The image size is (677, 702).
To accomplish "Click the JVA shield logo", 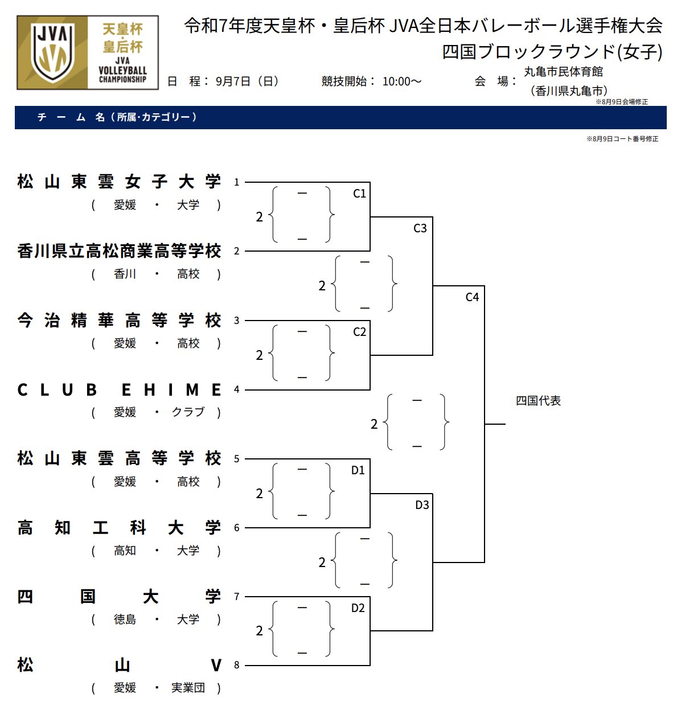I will click(52, 53).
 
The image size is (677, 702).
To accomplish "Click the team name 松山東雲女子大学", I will click(119, 182).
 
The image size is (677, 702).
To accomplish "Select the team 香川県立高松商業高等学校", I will click(119, 251).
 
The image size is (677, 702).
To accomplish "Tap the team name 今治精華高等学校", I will click(119, 321).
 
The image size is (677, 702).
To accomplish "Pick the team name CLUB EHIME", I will click(119, 390).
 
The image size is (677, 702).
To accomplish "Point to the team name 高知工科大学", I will click(119, 528).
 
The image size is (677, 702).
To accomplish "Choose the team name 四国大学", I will click(119, 597).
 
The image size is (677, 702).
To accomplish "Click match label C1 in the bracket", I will click(359, 194).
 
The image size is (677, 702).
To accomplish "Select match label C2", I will click(359, 332).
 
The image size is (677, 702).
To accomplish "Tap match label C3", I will click(420, 228).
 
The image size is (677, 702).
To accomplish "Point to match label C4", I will click(472, 297).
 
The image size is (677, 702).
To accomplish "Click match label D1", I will click(358, 470).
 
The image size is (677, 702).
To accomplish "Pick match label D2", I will click(358, 608).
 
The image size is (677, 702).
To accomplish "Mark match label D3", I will click(422, 505).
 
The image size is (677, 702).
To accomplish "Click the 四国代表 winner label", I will click(538, 401).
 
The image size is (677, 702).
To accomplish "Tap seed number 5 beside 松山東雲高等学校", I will click(237, 459).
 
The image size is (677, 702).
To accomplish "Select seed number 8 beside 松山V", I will click(237, 665).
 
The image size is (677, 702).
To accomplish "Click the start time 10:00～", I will click(402, 81).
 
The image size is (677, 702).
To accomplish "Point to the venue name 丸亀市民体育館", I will click(563, 72).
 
